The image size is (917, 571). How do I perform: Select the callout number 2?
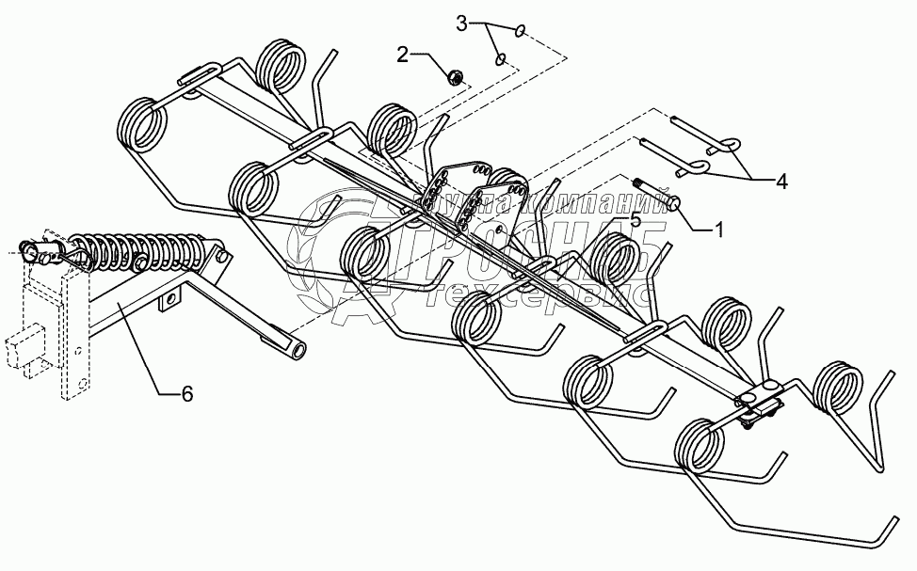click(x=402, y=55)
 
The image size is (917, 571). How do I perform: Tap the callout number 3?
click(x=461, y=24)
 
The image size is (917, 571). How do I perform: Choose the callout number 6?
click(x=186, y=394)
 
